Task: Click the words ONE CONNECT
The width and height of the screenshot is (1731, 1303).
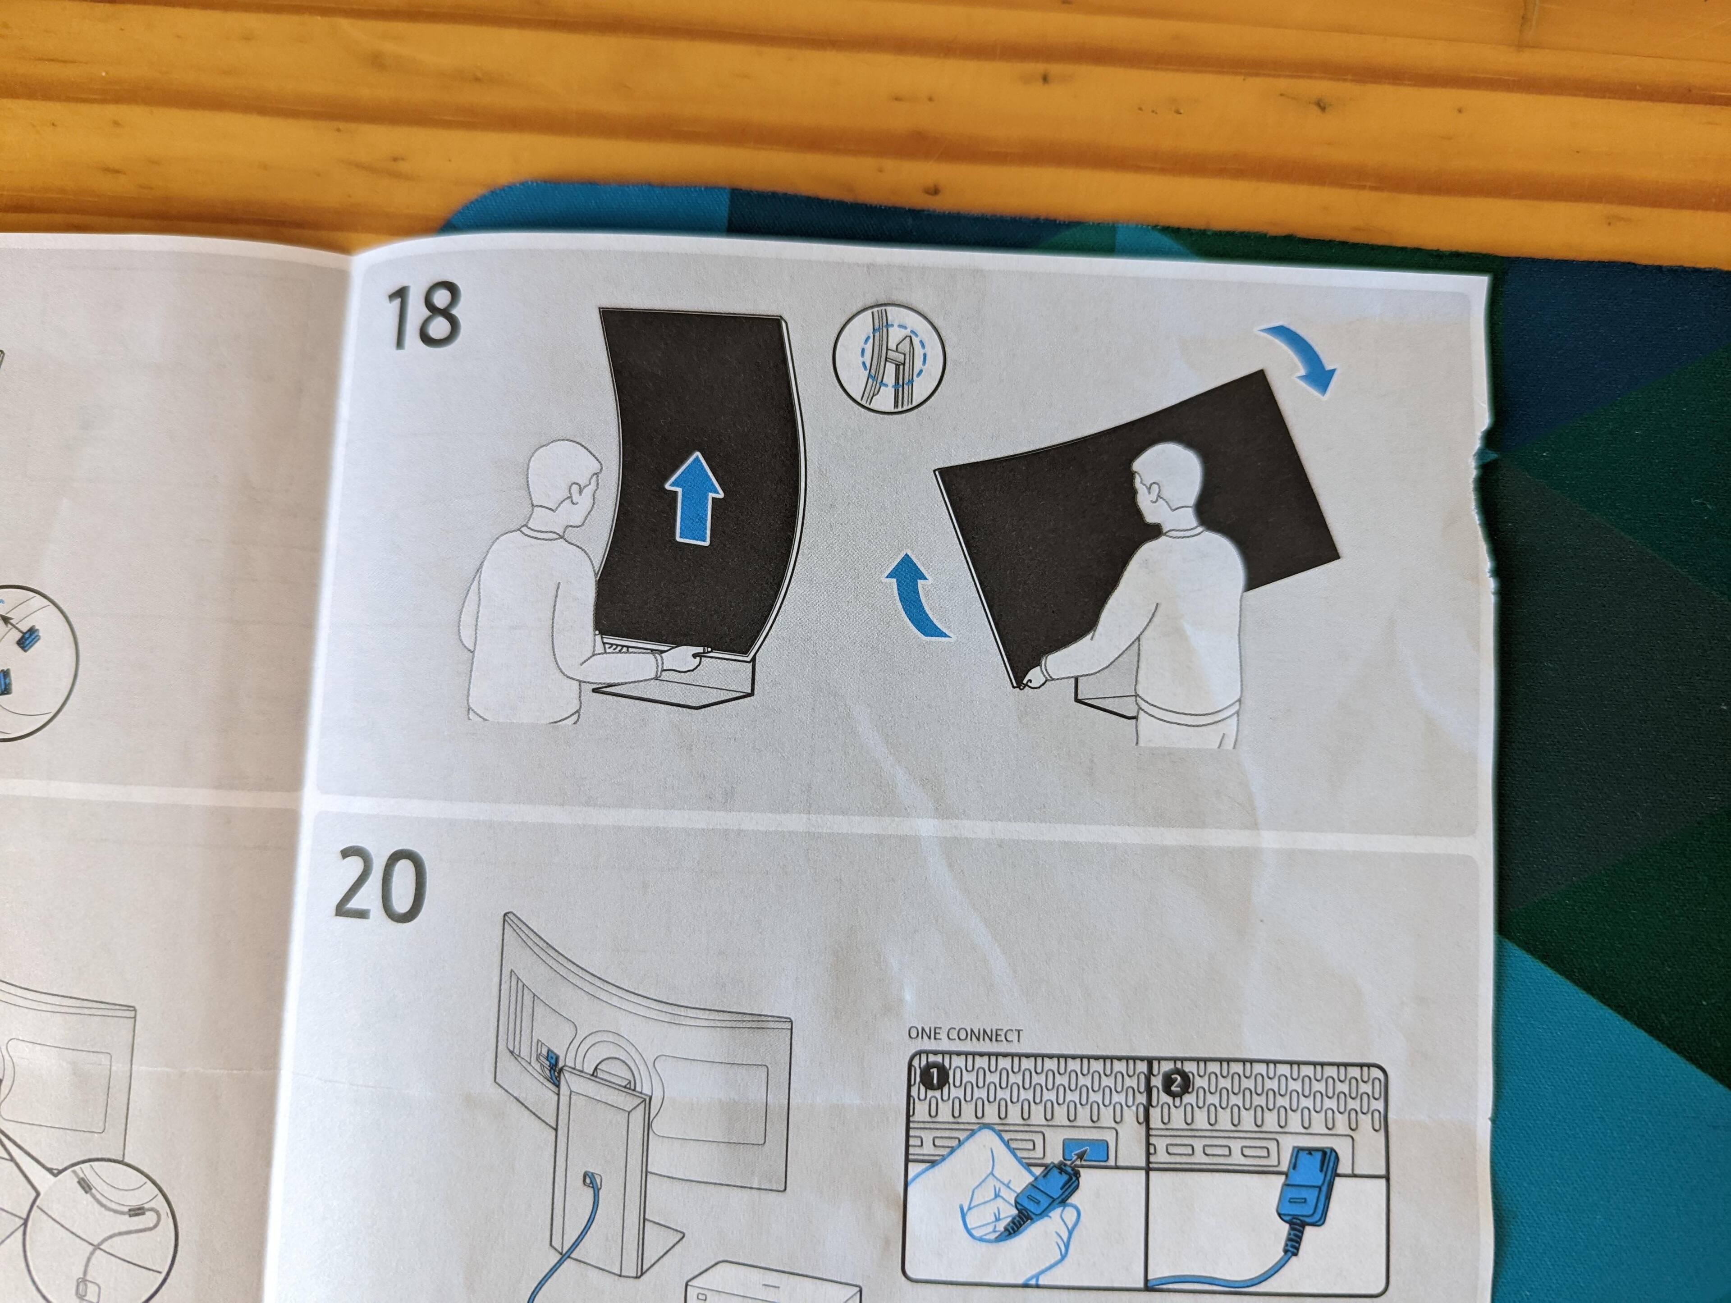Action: click(964, 1034)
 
